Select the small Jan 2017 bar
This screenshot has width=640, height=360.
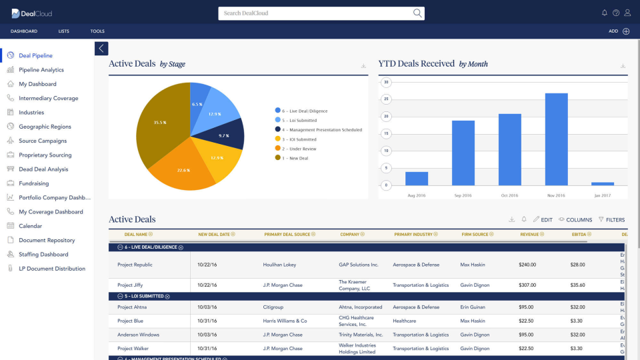tap(603, 183)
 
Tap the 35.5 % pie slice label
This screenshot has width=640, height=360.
tap(160, 123)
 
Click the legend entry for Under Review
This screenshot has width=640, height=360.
tap(299, 149)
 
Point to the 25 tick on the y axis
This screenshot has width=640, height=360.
tap(386, 99)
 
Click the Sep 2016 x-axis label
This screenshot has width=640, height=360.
tap(463, 195)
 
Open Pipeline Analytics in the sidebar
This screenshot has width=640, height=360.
tap(41, 70)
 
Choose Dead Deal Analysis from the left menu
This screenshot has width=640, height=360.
tap(43, 169)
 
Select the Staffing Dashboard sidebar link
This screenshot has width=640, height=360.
tap(43, 255)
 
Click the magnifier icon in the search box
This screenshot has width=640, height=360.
tap(417, 13)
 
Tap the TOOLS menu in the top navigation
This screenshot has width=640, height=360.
tap(97, 31)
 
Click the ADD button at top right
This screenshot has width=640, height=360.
tap(619, 31)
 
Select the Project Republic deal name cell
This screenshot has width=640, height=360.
tap(135, 265)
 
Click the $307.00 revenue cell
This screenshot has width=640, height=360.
tap(527, 285)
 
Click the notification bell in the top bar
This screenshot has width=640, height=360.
tap(605, 13)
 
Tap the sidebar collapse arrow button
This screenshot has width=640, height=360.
tap(101, 48)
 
